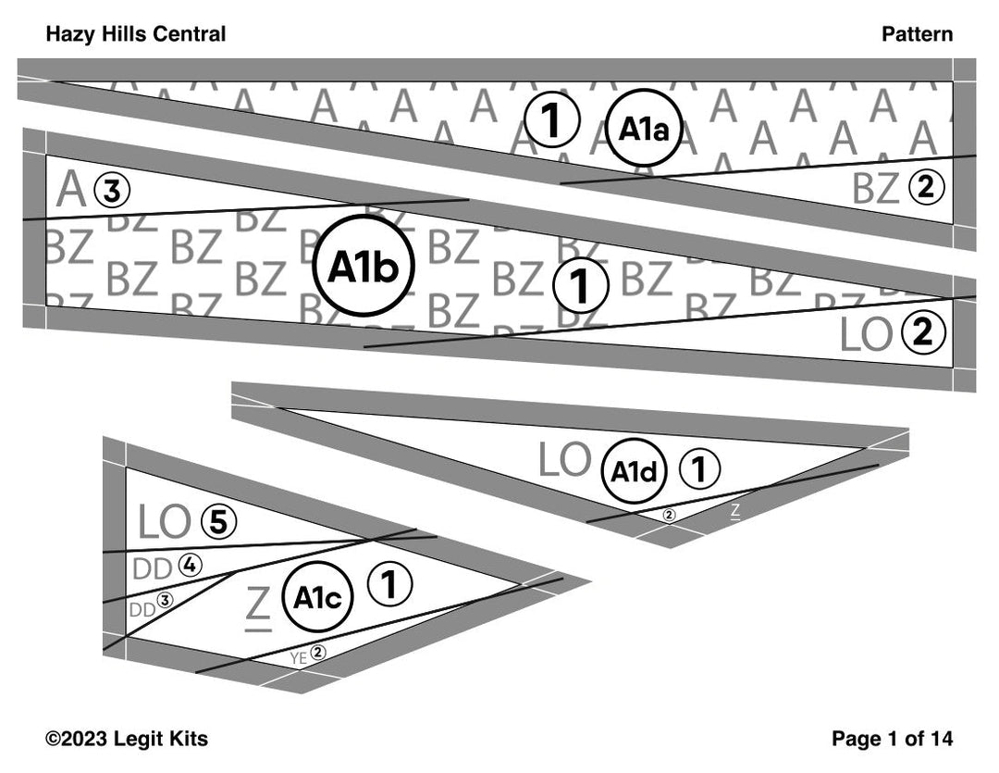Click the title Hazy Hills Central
click(135, 34)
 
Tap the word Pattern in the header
click(916, 34)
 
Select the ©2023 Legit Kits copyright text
click(127, 738)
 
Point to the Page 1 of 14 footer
click(892, 738)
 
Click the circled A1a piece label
click(644, 128)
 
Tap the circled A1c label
click(317, 598)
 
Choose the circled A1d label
click(635, 471)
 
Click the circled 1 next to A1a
click(552, 121)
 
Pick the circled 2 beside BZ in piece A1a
click(926, 188)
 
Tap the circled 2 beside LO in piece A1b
click(922, 333)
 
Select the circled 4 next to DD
click(191, 565)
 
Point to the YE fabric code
click(298, 657)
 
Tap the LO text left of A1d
click(564, 461)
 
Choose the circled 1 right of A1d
click(700, 470)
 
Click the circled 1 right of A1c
click(389, 584)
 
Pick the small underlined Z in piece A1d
click(735, 509)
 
